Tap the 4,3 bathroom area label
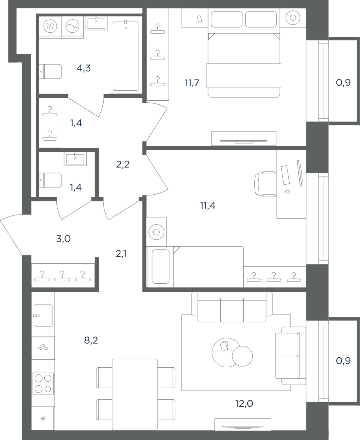pyautogui.click(x=84, y=68)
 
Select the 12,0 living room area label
pyautogui.click(x=244, y=404)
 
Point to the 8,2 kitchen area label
pyautogui.click(x=91, y=340)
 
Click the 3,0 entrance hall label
pyautogui.click(x=64, y=239)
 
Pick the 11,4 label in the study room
pyautogui.click(x=208, y=206)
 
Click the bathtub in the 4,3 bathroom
pyautogui.click(x=126, y=56)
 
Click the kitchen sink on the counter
pyautogui.click(x=43, y=315)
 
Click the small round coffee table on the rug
pyautogui.click(x=242, y=356)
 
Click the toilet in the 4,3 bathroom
pyautogui.click(x=50, y=71)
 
